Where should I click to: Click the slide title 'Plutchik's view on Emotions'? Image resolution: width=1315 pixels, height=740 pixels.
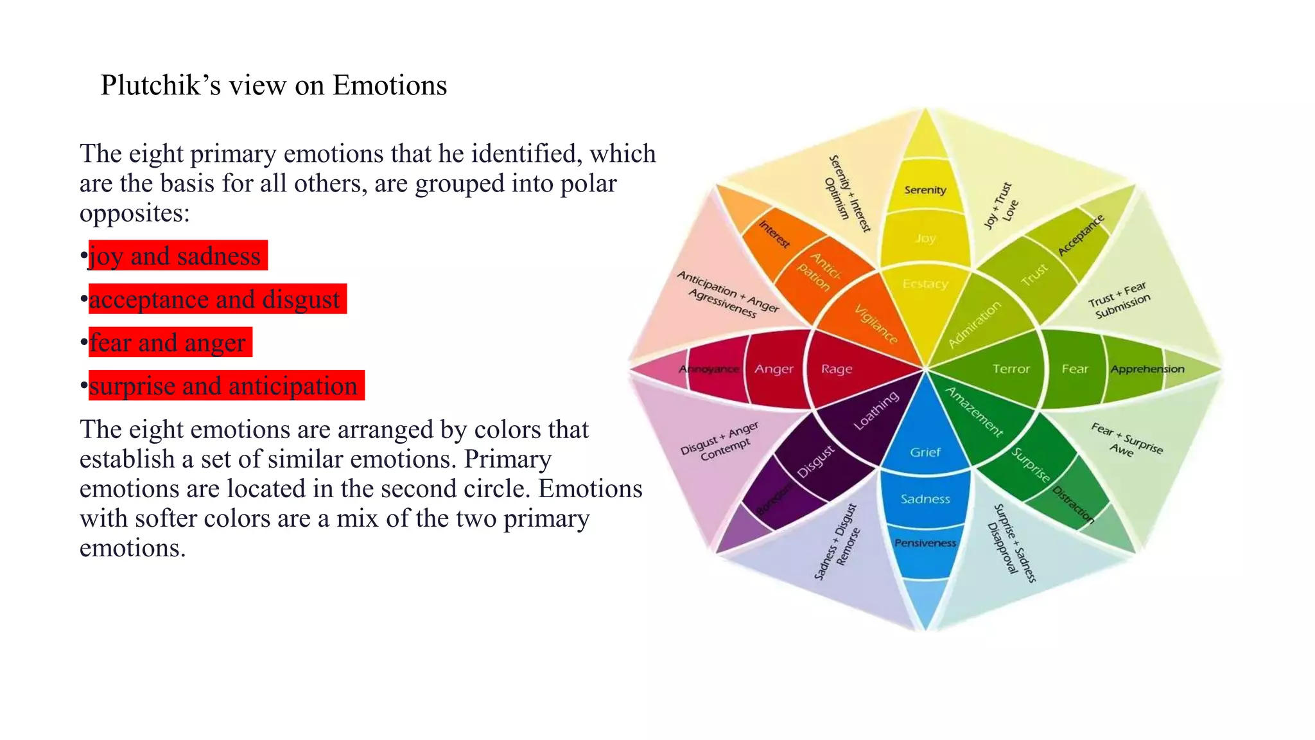274,85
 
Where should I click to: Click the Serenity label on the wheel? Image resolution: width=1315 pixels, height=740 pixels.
925,190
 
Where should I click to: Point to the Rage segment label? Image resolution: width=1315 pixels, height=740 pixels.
837,369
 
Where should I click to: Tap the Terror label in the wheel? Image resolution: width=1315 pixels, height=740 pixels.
1011,369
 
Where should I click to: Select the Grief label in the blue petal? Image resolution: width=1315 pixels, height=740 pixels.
925,452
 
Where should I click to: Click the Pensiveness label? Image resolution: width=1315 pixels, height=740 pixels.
925,543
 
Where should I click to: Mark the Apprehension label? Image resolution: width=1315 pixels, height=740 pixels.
1147,369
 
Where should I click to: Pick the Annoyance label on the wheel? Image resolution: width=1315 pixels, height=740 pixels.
710,369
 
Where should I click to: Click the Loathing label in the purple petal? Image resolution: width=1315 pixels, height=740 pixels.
876,411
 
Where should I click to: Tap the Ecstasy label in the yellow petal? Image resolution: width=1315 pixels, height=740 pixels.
925,284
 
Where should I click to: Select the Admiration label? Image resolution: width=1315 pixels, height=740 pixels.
975,324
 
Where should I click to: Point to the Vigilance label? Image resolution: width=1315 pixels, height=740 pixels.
876,324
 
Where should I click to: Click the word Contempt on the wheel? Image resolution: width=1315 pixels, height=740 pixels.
726,450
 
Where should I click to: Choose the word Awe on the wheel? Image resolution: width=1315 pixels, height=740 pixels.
1121,450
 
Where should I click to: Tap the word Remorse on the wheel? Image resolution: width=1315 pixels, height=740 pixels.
848,547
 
